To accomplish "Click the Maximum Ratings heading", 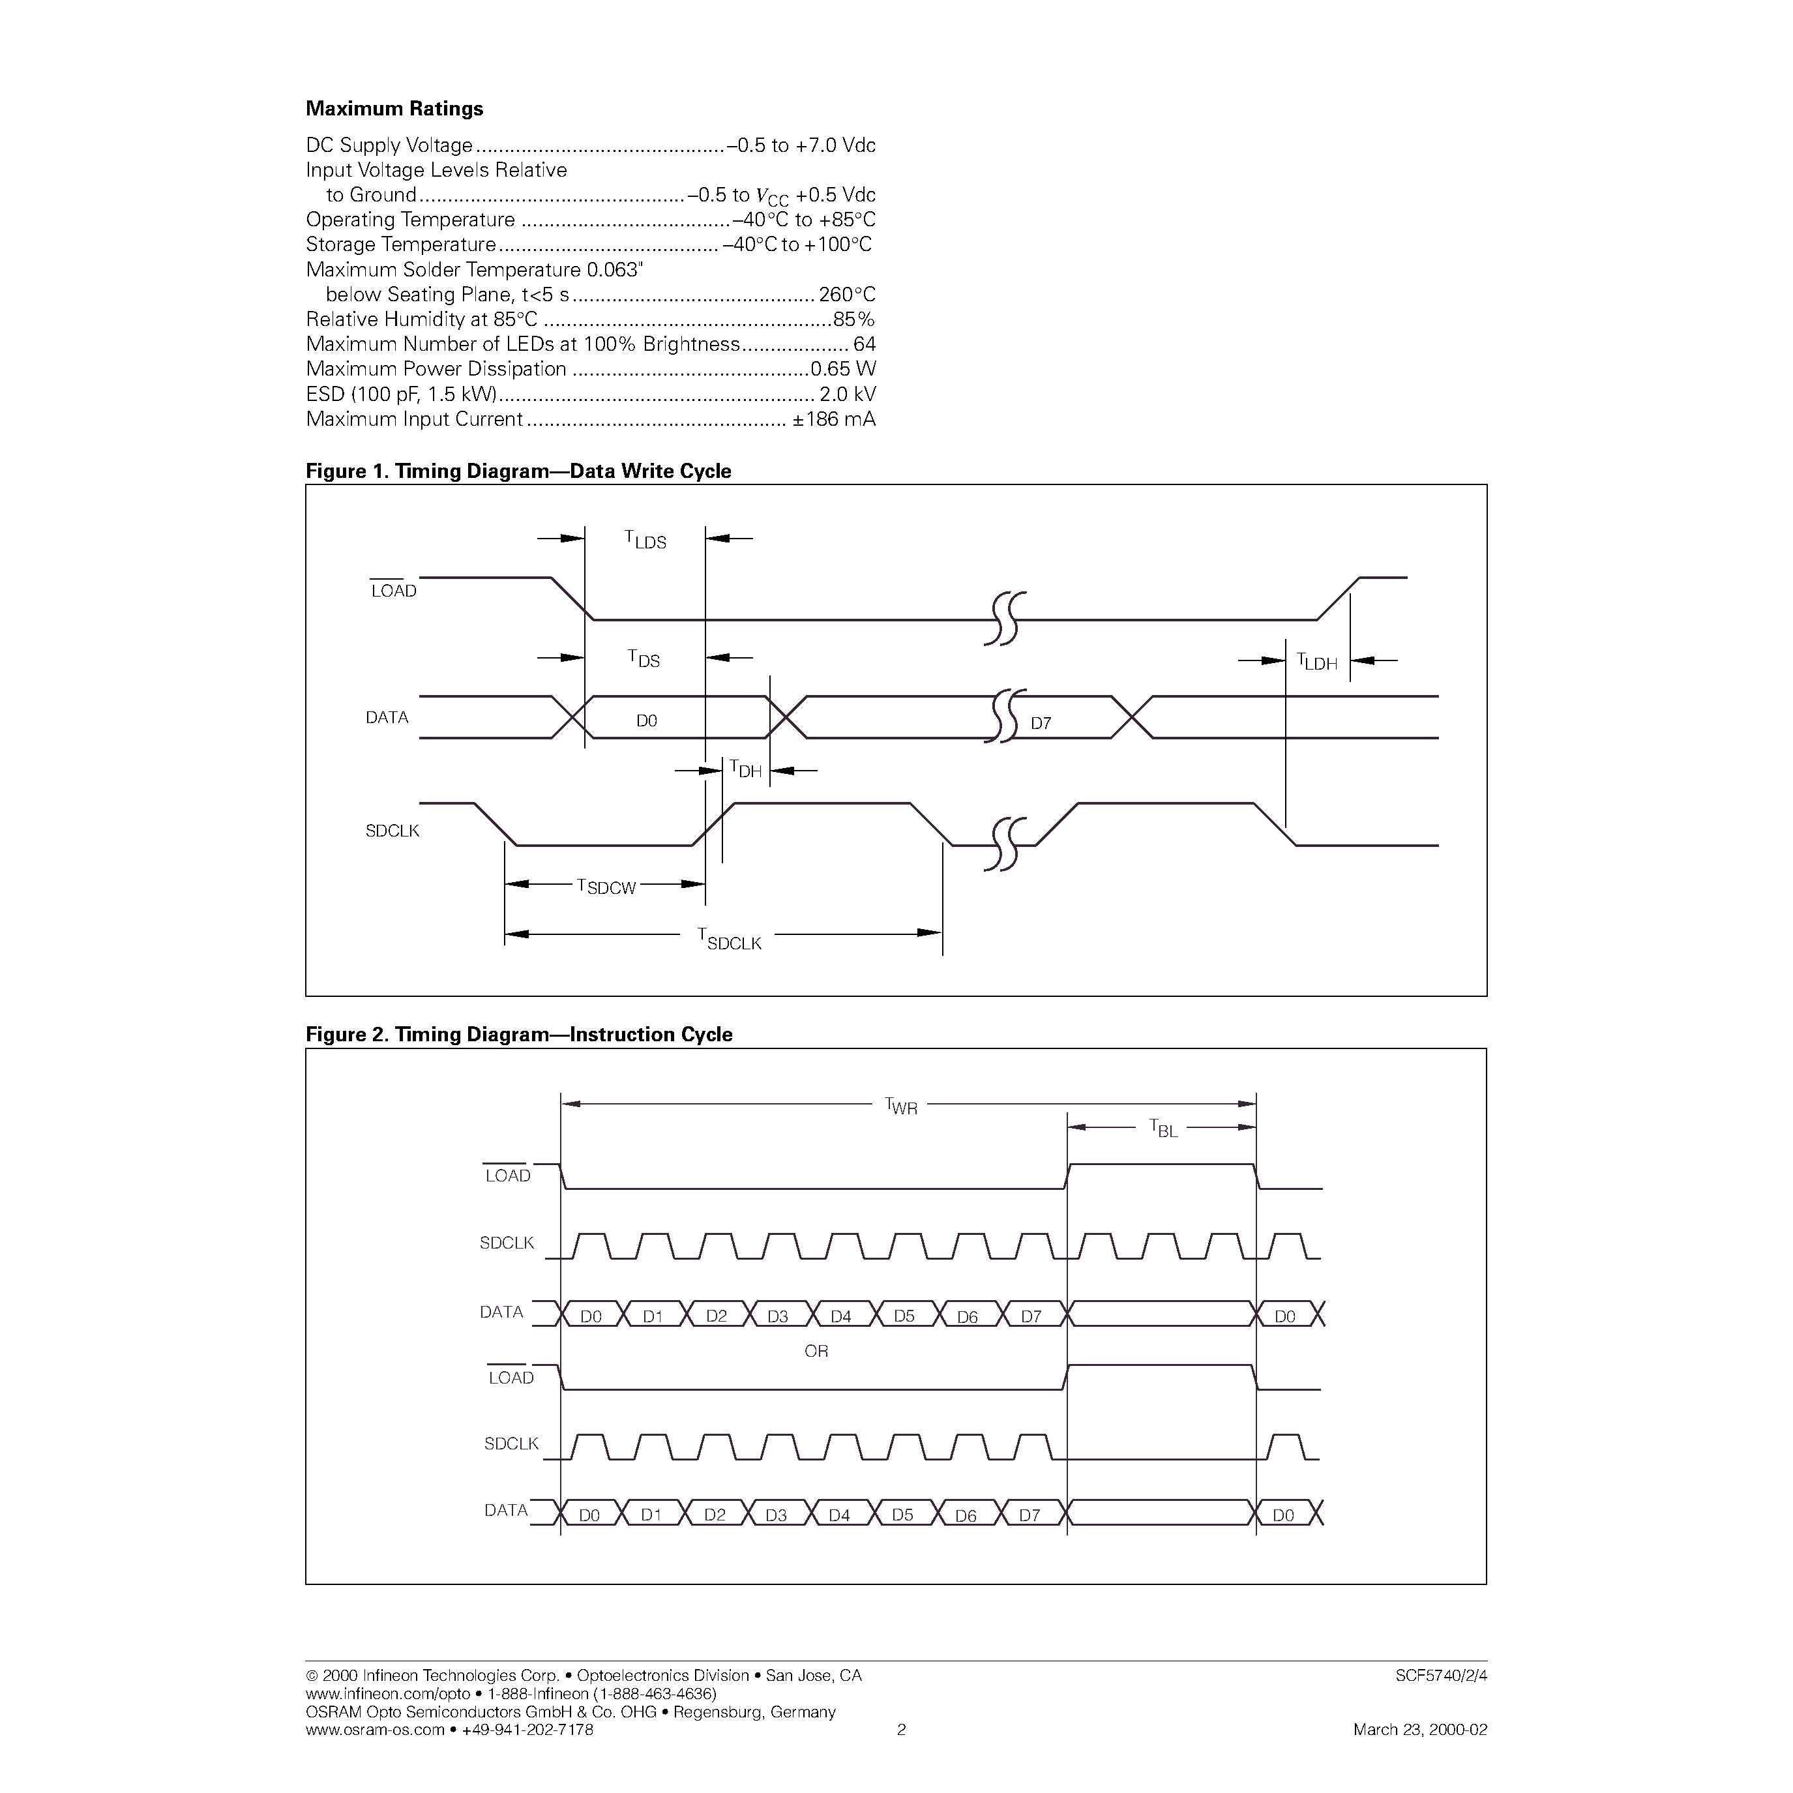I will (x=394, y=109).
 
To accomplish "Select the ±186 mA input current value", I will (x=833, y=419).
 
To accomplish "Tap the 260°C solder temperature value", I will (x=846, y=295).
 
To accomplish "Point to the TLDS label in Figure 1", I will (x=645, y=539).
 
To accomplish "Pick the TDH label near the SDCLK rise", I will (x=745, y=769).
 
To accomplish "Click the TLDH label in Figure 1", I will (x=1317, y=662).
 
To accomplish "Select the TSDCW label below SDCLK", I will (x=606, y=886).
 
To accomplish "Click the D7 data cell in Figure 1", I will (x=1041, y=723).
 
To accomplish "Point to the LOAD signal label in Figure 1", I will (x=394, y=591).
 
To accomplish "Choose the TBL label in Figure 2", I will (x=1163, y=1129).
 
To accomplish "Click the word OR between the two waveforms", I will (x=816, y=1351).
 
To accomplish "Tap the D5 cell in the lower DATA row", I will (x=902, y=1515).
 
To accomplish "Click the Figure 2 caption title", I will (x=519, y=1034).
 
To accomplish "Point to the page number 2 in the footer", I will (x=900, y=1729).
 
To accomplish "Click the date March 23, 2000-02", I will (x=1420, y=1729).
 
